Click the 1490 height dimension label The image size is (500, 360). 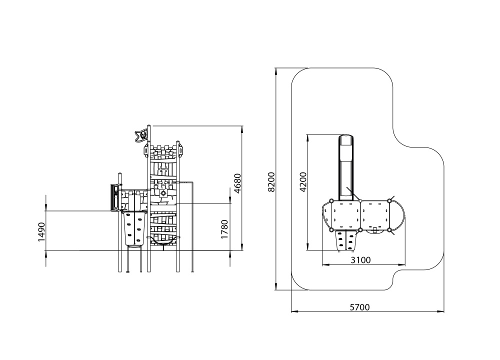tap(41, 232)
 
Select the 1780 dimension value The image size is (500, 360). tap(225, 229)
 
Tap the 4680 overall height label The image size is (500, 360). tap(237, 183)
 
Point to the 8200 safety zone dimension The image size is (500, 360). tap(271, 182)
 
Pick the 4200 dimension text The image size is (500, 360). tap(303, 182)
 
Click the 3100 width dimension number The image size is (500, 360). tap(360, 260)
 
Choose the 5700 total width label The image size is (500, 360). tap(359, 307)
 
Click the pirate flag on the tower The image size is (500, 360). tap(141, 135)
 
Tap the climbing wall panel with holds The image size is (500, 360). tap(134, 227)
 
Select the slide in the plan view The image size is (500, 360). tap(345, 167)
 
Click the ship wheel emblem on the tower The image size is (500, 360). tap(163, 193)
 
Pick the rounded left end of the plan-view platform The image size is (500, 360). tap(324, 214)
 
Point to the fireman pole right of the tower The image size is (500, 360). tap(192, 226)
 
